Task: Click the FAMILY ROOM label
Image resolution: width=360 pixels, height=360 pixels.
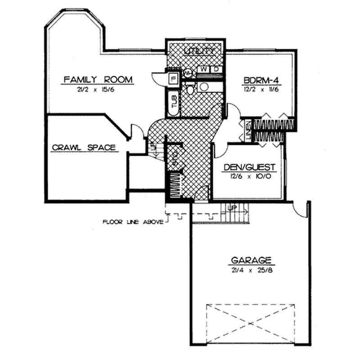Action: coord(98,80)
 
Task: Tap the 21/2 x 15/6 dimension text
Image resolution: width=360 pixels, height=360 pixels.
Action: coord(98,90)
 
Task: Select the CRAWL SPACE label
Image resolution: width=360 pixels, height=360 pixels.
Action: coord(84,147)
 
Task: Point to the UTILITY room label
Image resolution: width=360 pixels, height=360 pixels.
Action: coord(196,52)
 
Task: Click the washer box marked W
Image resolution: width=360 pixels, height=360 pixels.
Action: coord(204,69)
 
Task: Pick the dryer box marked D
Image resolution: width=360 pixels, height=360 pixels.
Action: coord(216,69)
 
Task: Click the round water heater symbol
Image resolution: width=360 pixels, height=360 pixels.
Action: coord(188,72)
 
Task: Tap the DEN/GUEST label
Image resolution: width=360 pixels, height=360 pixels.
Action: coord(249,166)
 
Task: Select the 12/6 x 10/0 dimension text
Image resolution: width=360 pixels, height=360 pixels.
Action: coord(249,176)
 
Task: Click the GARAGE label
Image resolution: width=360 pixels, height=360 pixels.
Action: coord(251,260)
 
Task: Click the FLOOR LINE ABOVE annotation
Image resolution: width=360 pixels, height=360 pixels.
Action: coord(133,221)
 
